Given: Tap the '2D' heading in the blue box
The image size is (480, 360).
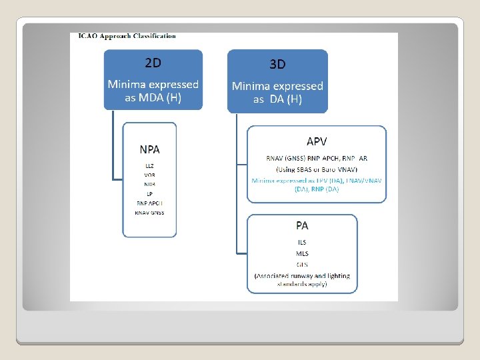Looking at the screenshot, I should click(153, 63).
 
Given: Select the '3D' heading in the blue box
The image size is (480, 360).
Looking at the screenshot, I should click(277, 65).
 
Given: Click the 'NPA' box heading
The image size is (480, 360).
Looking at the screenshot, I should click(149, 149).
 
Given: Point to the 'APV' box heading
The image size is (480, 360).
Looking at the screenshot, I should click(317, 141).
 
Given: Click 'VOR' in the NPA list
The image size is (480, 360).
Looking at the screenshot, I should click(149, 175).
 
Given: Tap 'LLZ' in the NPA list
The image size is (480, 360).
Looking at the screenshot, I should click(149, 165).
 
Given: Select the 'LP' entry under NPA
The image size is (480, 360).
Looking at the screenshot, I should click(149, 193).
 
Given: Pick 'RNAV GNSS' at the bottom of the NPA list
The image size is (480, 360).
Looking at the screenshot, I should click(149, 213).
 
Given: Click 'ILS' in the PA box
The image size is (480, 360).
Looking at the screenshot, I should click(302, 242).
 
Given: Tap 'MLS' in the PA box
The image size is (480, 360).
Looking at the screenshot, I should click(302, 253).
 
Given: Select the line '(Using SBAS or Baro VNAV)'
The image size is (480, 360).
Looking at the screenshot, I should click(317, 169).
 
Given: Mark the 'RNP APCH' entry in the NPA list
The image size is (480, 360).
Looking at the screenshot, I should click(149, 203).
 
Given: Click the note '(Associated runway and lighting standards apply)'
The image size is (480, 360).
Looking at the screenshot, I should click(302, 280).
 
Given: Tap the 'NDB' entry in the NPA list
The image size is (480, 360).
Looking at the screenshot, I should click(149, 184).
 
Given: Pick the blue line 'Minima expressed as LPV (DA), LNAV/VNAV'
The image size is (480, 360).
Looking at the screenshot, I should click(317, 180).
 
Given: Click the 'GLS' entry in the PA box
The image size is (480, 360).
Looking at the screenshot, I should click(302, 265).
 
